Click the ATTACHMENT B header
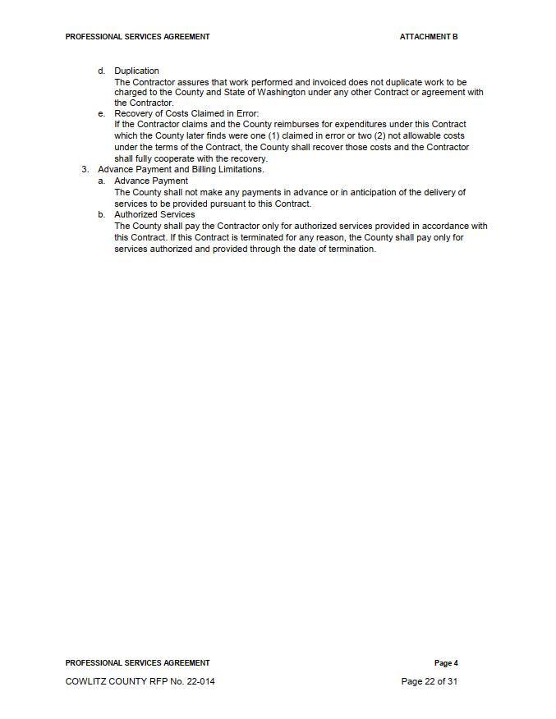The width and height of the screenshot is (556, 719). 429,37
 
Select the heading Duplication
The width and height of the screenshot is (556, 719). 136,71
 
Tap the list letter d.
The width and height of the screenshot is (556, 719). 101,71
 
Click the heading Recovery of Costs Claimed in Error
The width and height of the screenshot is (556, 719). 186,113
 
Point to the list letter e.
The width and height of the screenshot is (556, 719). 101,113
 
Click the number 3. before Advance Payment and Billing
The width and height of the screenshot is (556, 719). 85,169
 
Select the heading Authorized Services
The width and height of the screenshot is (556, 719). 154,214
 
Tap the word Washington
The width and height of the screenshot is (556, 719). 282,93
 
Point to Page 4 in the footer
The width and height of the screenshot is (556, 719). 446,663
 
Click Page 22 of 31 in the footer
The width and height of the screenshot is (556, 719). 429,681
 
